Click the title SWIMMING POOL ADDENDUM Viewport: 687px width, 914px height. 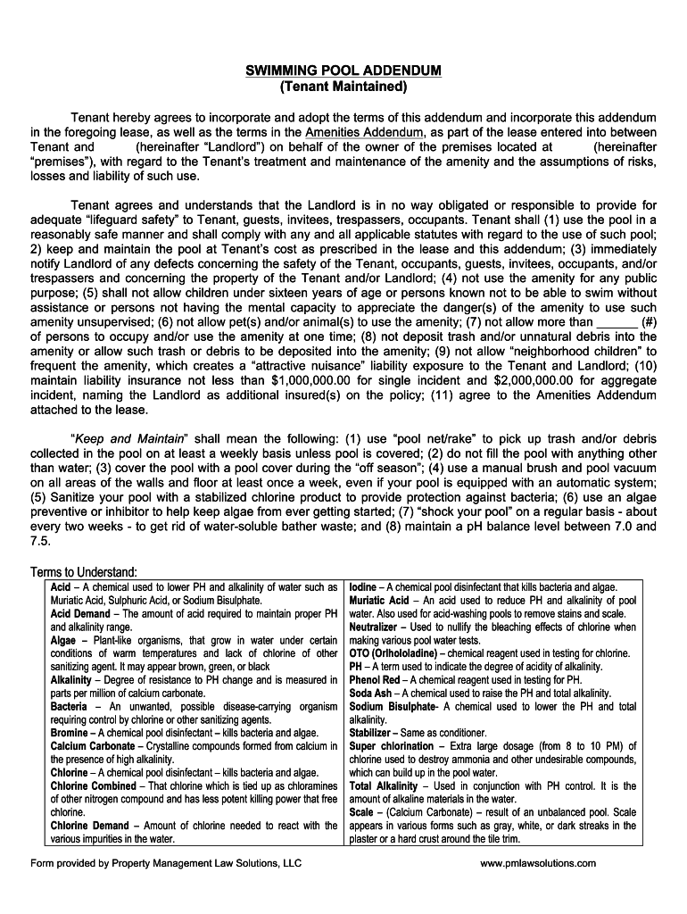coord(343,71)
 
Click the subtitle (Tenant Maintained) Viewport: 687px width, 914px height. coord(343,87)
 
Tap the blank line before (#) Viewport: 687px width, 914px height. coord(617,322)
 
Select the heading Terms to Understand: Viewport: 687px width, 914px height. coord(83,572)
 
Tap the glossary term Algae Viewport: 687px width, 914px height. coord(63,640)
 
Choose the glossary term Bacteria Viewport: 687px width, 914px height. coord(69,706)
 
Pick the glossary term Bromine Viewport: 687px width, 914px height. coord(69,733)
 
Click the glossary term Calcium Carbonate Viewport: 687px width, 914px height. coord(93,746)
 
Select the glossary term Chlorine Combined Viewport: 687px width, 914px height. coord(94,785)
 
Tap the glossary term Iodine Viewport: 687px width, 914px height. coord(363,587)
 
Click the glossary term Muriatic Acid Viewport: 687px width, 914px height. coord(379,601)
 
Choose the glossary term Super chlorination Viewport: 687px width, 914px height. coord(392,746)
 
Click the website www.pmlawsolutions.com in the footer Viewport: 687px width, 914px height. coord(538,863)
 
